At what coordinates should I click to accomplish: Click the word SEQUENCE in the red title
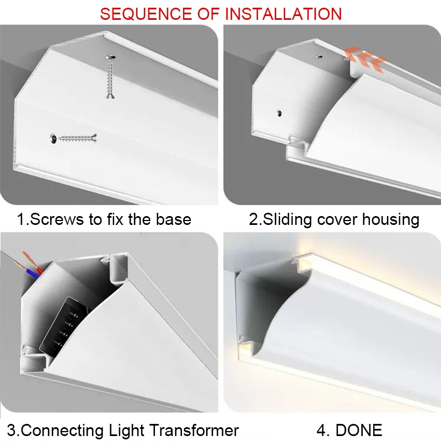coord(146,14)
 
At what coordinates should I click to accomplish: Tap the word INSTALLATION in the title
coord(283,14)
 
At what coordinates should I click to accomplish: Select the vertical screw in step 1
coord(110,77)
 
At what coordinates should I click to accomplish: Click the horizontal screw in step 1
coord(73,138)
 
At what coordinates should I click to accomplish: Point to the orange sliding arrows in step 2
coord(365,59)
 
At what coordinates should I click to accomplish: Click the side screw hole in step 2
coord(279,114)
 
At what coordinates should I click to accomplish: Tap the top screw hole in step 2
coord(319,57)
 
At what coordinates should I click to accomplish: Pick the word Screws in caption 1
coord(57,219)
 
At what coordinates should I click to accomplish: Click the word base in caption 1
coord(174,219)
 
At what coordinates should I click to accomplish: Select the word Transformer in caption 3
coord(194,431)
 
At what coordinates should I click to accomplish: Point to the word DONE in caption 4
coord(359,431)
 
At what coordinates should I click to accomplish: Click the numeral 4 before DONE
coord(321,431)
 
